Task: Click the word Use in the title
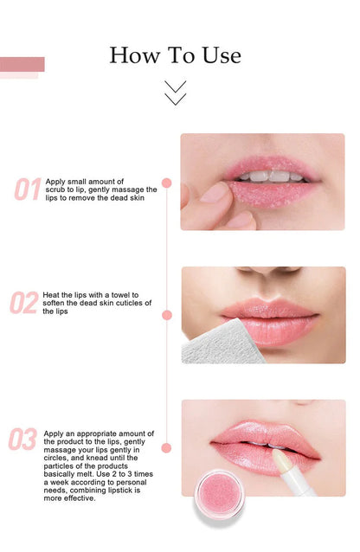[x=222, y=55]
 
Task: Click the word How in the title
[x=135, y=55]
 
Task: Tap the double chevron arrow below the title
[x=175, y=93]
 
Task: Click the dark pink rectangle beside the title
[x=22, y=64]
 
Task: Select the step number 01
[x=28, y=189]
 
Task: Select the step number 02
[x=24, y=303]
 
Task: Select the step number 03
[x=22, y=439]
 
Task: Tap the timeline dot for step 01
[x=167, y=183]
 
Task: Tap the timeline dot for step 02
[x=167, y=315]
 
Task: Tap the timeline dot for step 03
[x=167, y=448]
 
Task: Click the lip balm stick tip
[x=282, y=460]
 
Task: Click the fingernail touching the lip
[x=215, y=192]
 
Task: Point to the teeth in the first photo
[x=271, y=176]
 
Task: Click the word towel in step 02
[x=121, y=295]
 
